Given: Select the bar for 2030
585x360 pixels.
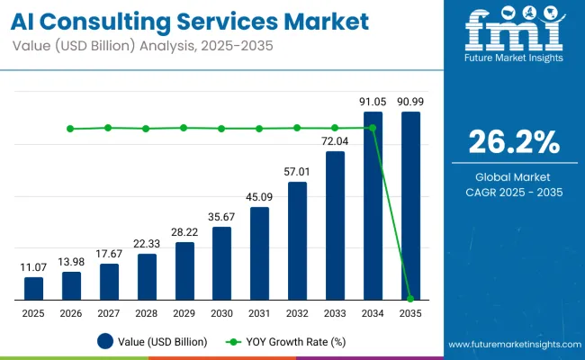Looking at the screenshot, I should (221, 263).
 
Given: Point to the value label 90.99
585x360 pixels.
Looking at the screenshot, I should (410, 102).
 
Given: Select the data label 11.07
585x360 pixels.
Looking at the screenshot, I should (33, 267).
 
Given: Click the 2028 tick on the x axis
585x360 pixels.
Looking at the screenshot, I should (147, 313).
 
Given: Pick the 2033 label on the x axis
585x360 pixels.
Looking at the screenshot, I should (335, 313).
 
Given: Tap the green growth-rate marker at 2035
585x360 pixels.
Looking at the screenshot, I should (410, 298).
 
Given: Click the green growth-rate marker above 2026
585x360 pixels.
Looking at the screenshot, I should (71, 129).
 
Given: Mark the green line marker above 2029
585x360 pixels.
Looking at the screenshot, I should (184, 128).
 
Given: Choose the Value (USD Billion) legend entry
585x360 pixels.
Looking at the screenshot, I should (153, 341).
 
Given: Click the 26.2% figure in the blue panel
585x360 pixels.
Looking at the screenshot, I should (514, 142).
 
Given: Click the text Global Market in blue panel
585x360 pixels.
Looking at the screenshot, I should (514, 176).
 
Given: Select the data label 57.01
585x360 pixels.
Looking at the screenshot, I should (297, 172).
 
